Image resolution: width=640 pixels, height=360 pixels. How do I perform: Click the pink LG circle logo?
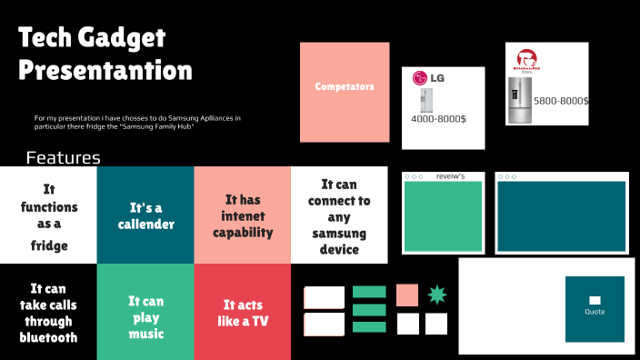pos(420,78)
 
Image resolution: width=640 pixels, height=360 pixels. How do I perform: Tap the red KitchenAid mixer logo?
pos(525,58)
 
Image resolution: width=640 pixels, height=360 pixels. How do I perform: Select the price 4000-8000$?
pos(438,119)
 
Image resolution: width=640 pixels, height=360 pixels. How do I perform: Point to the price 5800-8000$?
pos(560,100)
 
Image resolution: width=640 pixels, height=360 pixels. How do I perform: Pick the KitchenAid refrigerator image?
pos(520,100)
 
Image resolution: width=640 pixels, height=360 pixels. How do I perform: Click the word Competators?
pos(345,86)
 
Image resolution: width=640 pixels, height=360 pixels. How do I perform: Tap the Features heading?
pos(63,158)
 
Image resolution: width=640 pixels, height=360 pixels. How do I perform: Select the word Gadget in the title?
pos(122,38)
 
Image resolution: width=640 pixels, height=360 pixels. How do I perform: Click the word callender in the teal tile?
pos(145,224)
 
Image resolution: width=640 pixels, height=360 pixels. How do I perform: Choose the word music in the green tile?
pos(145,334)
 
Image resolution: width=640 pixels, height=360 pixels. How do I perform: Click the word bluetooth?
pos(48,337)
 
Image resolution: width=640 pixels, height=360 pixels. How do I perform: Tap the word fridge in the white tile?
pos(48,245)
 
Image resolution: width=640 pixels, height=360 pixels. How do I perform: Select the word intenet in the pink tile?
pos(242,215)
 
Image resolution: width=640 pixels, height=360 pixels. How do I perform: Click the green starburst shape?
pos(436,295)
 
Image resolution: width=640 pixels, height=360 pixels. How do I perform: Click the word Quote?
pos(595,312)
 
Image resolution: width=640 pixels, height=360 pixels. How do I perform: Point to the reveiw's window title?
pos(450,176)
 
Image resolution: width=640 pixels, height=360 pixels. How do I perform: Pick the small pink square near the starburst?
pos(407,295)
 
